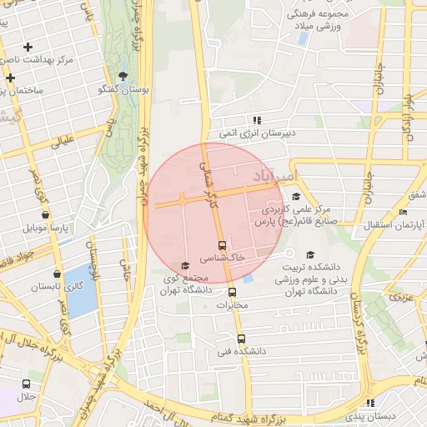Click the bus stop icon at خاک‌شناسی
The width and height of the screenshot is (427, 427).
pyautogui.click(x=222, y=245)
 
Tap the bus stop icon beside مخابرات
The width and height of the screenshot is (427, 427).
pyautogui.click(x=233, y=292)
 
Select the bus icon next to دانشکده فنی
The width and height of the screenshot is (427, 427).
pyautogui.click(x=241, y=339)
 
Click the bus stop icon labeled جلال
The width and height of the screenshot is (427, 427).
pyautogui.click(x=27, y=384)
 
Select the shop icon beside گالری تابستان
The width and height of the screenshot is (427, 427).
pyautogui.click(x=57, y=274)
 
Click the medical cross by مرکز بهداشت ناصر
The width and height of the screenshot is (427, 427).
pyautogui.click(x=29, y=48)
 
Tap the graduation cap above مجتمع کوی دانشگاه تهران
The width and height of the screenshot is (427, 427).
pyautogui.click(x=184, y=266)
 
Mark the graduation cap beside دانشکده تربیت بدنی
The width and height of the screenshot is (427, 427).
pyautogui.click(x=311, y=254)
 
